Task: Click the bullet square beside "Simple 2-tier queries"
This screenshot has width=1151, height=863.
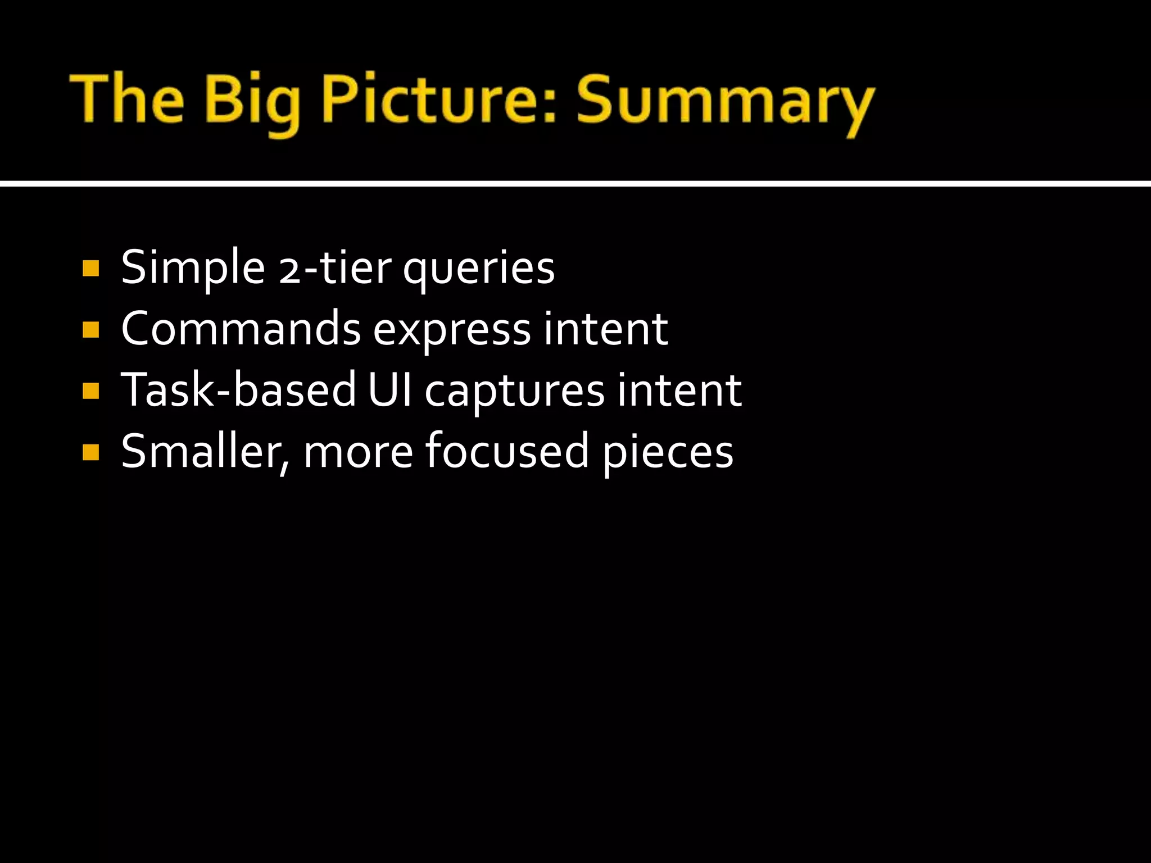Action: point(90,268)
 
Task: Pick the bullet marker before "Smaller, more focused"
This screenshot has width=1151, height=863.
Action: point(90,452)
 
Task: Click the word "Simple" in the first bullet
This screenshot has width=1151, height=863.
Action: point(193,268)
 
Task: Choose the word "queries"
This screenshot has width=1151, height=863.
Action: point(479,269)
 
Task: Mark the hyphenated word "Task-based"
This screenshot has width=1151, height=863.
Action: point(239,390)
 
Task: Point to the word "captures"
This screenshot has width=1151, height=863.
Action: point(514,392)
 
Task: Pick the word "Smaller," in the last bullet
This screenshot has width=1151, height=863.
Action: point(205,452)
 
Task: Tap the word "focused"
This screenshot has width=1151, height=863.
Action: point(506,451)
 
